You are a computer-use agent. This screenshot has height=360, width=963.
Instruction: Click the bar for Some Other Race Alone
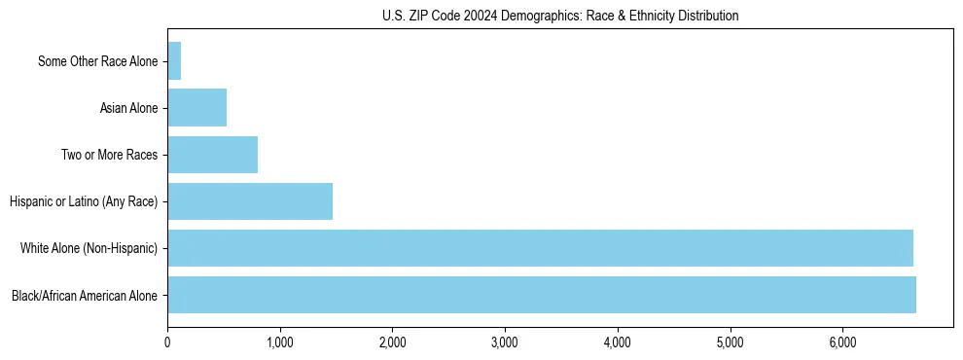click(174, 61)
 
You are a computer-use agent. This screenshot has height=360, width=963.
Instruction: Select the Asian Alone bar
click(196, 108)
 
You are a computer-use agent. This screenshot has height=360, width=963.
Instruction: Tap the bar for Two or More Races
click(212, 155)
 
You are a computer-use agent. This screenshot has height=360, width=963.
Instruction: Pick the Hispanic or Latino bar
click(250, 201)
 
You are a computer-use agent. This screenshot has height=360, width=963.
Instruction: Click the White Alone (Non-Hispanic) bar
click(540, 248)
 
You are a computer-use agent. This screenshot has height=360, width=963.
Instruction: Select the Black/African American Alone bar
click(542, 295)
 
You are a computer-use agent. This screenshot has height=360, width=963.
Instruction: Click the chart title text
click(560, 16)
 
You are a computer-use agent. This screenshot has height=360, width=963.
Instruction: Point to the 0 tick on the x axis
click(167, 342)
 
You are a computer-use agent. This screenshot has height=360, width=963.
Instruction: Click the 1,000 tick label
click(280, 342)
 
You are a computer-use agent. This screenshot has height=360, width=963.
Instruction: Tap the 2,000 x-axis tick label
click(392, 342)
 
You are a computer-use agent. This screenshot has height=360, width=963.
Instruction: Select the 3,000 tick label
click(505, 342)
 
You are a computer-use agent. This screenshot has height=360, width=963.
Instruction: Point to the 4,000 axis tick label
click(618, 342)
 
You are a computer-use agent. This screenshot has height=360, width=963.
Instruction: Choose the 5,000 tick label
click(730, 342)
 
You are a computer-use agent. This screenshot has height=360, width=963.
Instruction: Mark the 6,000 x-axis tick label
click(842, 342)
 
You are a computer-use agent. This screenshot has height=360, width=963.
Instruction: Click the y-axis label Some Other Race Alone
click(97, 62)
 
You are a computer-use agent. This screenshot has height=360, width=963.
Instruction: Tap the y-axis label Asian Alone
click(128, 108)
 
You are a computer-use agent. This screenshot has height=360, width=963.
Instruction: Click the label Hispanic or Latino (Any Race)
click(84, 201)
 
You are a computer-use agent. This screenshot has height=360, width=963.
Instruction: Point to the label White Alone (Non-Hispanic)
click(89, 248)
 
